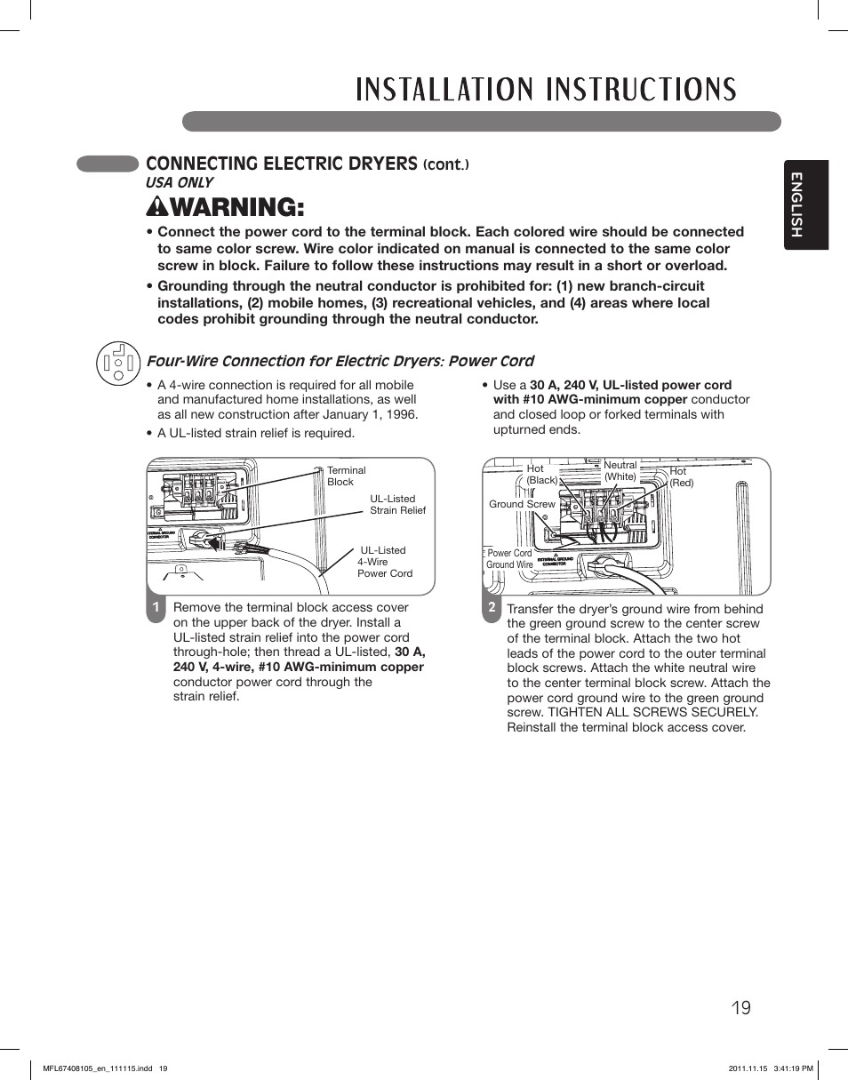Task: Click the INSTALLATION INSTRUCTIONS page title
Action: pyautogui.click(x=546, y=90)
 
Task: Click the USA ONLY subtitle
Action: pyautogui.click(x=180, y=182)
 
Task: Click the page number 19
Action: pyautogui.click(x=741, y=1007)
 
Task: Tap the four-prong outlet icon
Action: pyautogui.click(x=118, y=363)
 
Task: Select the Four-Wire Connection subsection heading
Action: pyautogui.click(x=340, y=361)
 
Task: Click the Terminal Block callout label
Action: pyautogui.click(x=346, y=476)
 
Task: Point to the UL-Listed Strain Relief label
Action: pyautogui.click(x=397, y=505)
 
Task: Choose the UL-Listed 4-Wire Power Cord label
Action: pyautogui.click(x=384, y=562)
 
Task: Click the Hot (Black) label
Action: pyautogui.click(x=540, y=475)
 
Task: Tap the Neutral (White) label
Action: pyautogui.click(x=620, y=471)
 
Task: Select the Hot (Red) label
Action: pyautogui.click(x=681, y=477)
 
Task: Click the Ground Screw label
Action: pyautogui.click(x=522, y=504)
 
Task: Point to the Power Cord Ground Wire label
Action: pyautogui.click(x=509, y=559)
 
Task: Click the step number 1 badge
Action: pyautogui.click(x=156, y=608)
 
